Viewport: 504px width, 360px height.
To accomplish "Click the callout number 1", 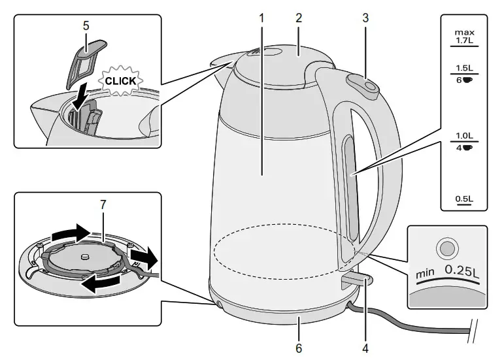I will click(261, 18).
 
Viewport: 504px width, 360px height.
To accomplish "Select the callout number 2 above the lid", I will click(298, 18).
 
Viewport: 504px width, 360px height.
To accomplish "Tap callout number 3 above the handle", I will click(365, 18).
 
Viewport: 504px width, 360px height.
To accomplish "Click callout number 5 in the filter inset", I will click(86, 27).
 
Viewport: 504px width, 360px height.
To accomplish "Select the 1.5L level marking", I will click(465, 68).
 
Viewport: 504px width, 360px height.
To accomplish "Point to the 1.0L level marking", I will click(465, 136).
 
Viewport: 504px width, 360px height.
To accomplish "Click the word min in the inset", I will click(425, 274).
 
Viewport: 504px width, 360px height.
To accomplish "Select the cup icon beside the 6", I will click(469, 79).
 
